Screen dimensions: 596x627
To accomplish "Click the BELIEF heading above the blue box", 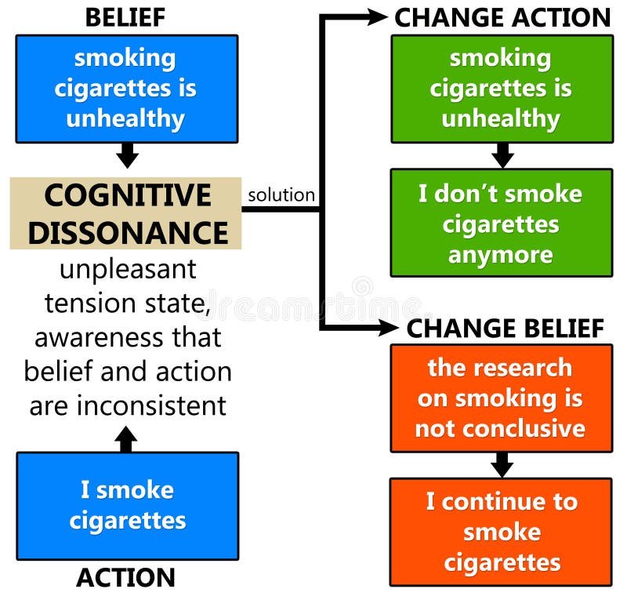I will pyautogui.click(x=125, y=16).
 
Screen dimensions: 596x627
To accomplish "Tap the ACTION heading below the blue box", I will pyautogui.click(x=125, y=578).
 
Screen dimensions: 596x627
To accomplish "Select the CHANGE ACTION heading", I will pyautogui.click(x=502, y=17).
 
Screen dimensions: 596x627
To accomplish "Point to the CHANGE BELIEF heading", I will pyautogui.click(x=505, y=329).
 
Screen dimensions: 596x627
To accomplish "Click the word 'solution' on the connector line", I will pyautogui.click(x=281, y=195).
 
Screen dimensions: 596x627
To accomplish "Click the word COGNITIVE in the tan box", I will pyautogui.click(x=128, y=195).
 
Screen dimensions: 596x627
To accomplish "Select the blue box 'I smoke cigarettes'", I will pyautogui.click(x=127, y=505).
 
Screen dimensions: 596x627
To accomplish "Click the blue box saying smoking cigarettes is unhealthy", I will pyautogui.click(x=126, y=88).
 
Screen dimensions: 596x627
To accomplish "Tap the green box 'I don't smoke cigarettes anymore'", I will pyautogui.click(x=502, y=223).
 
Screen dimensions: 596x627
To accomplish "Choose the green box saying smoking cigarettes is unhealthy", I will pyautogui.click(x=502, y=88).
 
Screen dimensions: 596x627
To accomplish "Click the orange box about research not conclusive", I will pyautogui.click(x=501, y=398).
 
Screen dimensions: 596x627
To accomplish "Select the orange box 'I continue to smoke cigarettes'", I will pyautogui.click(x=501, y=532).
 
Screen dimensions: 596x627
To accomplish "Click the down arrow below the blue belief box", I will pyautogui.click(x=127, y=155).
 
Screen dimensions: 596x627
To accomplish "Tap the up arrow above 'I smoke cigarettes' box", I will pyautogui.click(x=126, y=438).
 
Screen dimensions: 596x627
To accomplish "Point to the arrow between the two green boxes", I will pyautogui.click(x=502, y=155).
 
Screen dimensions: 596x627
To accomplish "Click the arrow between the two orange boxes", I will pyautogui.click(x=502, y=465).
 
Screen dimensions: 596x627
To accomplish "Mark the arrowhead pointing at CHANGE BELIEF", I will pyautogui.click(x=390, y=328).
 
